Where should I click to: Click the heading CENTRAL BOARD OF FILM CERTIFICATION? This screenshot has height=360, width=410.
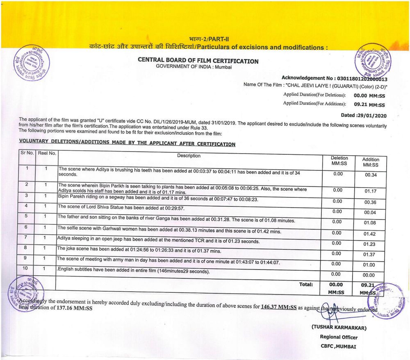(x=198, y=61)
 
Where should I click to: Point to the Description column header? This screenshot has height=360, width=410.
(x=189, y=156)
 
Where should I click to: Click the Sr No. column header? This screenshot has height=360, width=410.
(x=27, y=153)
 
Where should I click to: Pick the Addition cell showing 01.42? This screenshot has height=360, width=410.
(x=370, y=234)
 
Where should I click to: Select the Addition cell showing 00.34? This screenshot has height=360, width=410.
(x=370, y=175)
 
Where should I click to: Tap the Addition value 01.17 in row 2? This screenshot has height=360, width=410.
(x=370, y=191)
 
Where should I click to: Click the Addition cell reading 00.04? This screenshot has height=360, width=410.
(x=370, y=212)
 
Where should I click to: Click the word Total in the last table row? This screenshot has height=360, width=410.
(x=306, y=284)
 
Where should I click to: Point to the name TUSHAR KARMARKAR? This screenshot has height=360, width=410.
(x=339, y=327)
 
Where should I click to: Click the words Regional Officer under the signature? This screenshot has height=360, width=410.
(x=339, y=337)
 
